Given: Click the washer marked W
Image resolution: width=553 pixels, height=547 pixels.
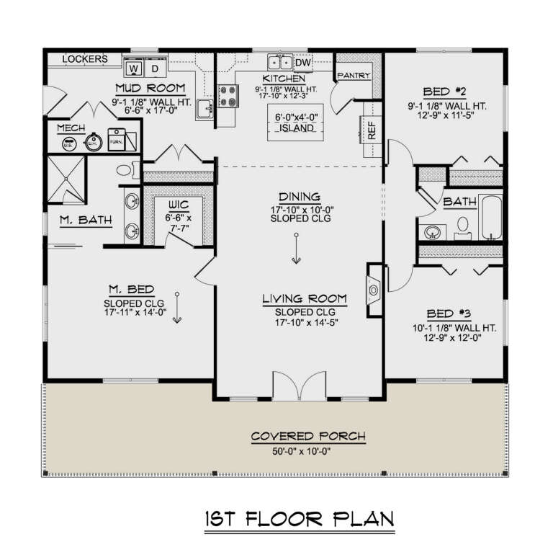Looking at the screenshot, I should tap(134, 68).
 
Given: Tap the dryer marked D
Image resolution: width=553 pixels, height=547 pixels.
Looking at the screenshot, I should tap(156, 68).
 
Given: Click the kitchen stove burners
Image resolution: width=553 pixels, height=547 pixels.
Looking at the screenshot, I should tap(228, 96).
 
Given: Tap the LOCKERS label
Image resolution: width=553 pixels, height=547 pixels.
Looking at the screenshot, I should tap(85, 59).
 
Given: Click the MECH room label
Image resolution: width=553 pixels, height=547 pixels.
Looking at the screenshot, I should tap(72, 127).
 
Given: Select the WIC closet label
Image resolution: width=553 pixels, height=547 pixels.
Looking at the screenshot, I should tap(178, 204).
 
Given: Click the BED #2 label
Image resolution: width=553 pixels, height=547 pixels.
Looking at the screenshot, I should tap(444, 92).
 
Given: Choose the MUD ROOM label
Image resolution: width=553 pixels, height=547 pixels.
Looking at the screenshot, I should tap(151, 89).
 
